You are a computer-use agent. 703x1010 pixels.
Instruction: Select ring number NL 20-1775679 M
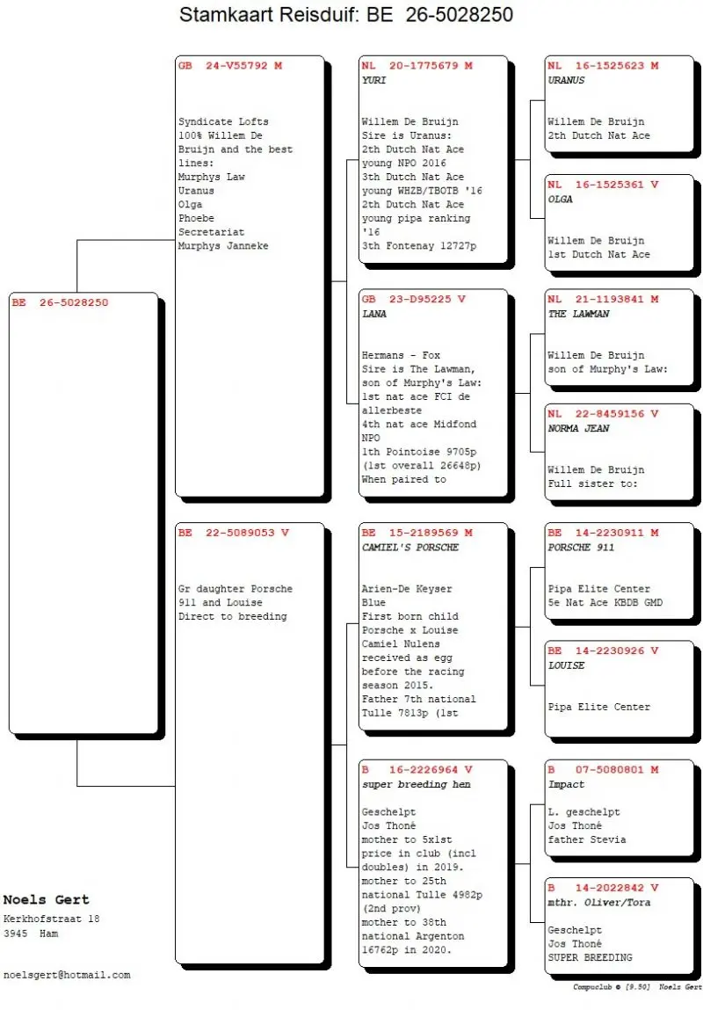[417, 66]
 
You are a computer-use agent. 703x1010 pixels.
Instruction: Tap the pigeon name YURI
[373, 81]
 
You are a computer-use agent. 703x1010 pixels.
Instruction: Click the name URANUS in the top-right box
[566, 81]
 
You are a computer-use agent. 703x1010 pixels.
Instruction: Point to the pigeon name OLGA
[560, 200]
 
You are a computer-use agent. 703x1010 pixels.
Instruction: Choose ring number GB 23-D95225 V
[413, 300]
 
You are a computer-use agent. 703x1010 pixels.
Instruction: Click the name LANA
[373, 315]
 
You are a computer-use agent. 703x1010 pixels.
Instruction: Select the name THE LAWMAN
[578, 315]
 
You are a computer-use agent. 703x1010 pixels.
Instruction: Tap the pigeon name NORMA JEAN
[578, 429]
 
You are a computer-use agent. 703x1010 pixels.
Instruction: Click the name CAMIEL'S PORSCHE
[410, 548]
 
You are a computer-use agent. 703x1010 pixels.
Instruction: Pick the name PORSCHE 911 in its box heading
[581, 548]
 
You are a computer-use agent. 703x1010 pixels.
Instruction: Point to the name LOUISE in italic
[566, 665]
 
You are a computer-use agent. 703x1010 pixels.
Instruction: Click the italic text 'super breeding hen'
[416, 785]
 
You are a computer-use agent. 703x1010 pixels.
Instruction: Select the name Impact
[566, 785]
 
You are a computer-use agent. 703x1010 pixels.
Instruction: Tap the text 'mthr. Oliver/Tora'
[598, 903]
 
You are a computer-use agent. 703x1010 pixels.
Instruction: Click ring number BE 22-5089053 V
[234, 533]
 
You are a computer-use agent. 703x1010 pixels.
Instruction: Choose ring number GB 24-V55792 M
[230, 66]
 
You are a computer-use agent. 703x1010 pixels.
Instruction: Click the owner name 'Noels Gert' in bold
[47, 900]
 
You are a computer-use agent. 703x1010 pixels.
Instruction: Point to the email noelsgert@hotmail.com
[67, 975]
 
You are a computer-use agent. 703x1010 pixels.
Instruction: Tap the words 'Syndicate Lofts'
[223, 121]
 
